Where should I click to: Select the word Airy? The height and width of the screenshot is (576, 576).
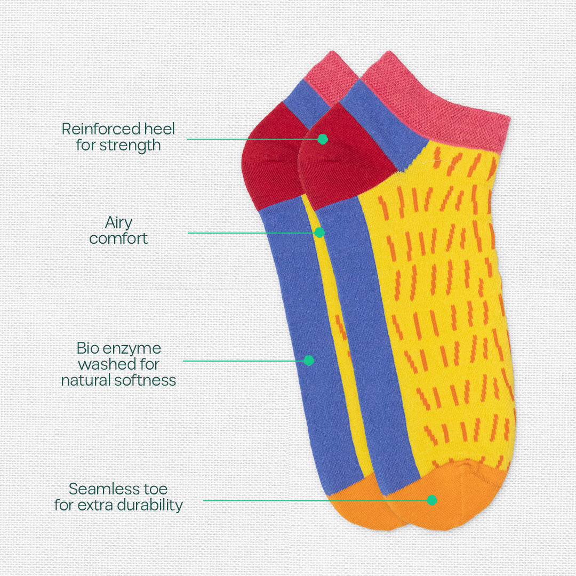[118, 222]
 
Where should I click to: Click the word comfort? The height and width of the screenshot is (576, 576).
[118, 238]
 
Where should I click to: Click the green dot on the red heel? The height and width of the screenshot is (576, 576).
[322, 139]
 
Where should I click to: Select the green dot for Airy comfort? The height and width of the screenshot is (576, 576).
[319, 233]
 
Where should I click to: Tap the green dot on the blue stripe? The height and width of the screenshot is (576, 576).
[308, 361]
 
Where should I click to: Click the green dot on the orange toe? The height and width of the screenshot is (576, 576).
[432, 500]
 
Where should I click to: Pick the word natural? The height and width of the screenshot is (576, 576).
[85, 380]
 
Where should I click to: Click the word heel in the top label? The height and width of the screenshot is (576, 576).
[159, 129]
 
